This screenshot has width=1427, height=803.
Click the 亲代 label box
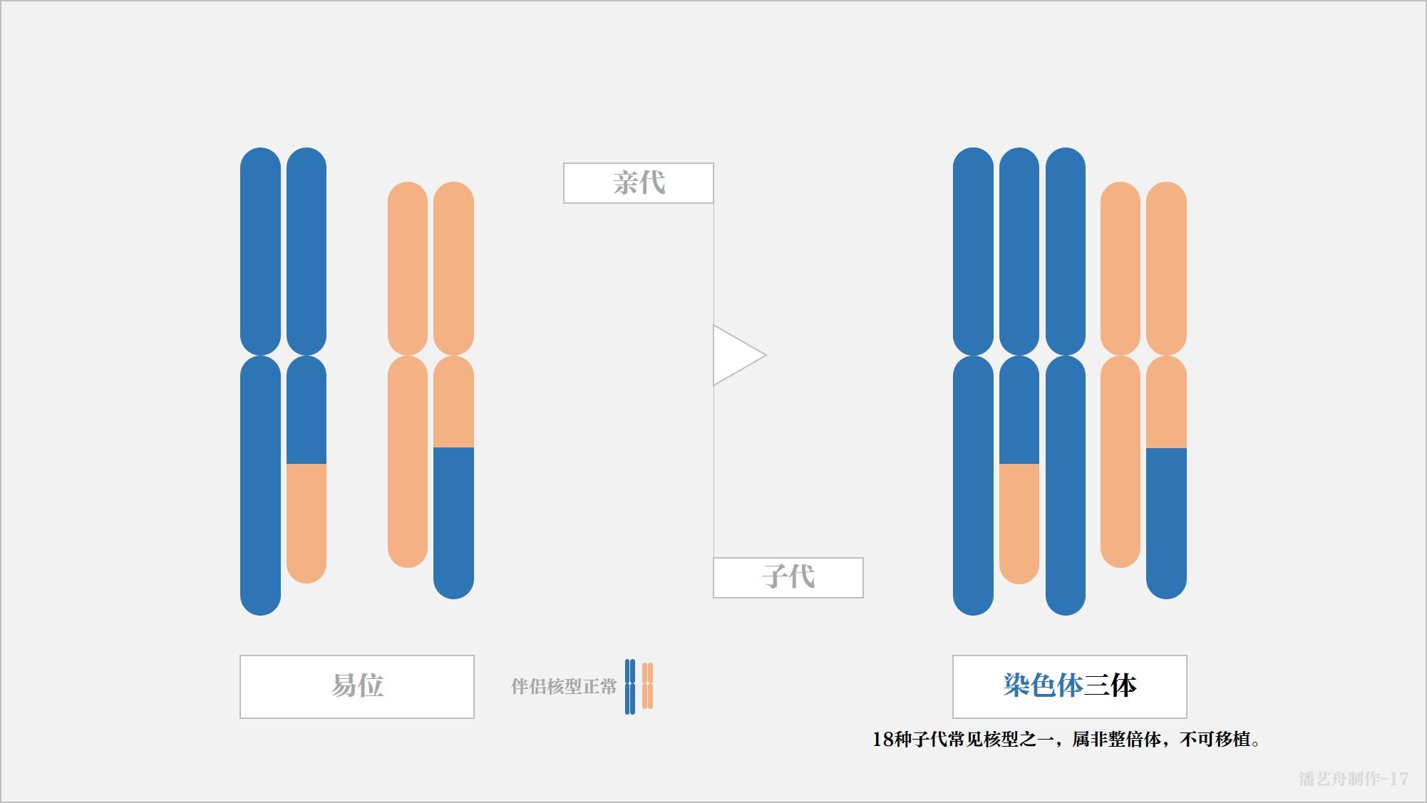tap(638, 183)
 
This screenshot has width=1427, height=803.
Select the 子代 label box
tap(788, 577)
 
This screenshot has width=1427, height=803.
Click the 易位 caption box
tap(356, 686)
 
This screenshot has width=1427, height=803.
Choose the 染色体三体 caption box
tap(1069, 686)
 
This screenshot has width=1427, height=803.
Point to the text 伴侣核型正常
tap(563, 687)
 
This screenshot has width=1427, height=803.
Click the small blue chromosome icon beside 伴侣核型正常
tap(629, 687)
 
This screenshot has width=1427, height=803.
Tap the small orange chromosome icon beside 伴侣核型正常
tap(647, 687)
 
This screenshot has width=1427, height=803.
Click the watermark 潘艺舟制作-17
tap(1353, 779)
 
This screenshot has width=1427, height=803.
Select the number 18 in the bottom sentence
tap(883, 740)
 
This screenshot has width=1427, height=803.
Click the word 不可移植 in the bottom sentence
tap(1215, 740)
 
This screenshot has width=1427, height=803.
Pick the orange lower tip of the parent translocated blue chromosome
tap(306, 524)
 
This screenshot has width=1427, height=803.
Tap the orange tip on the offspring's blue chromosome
tap(1019, 524)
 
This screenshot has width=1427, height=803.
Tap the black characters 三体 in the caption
tap(1111, 686)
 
